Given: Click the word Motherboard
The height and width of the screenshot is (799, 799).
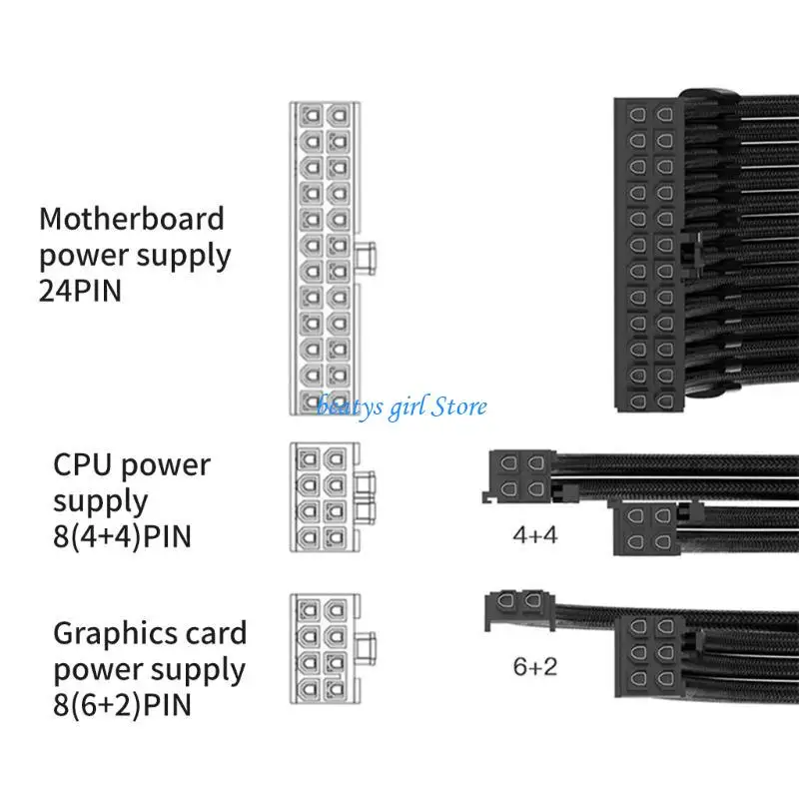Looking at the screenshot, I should point(132,218).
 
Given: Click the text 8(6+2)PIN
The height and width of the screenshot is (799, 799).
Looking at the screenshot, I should point(123,704).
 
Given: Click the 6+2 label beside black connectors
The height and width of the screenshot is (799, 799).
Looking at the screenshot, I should point(535,666).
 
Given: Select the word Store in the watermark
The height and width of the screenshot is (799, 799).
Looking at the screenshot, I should point(456,405).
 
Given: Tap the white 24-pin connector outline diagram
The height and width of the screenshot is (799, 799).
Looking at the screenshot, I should point(322,258).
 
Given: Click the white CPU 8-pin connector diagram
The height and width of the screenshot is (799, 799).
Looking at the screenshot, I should point(322,496).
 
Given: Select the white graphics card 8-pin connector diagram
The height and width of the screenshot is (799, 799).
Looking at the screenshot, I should point(322,646).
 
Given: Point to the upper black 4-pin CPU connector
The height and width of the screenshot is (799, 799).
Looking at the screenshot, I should point(521,476).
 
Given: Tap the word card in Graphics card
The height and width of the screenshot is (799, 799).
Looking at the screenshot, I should point(210,632).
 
